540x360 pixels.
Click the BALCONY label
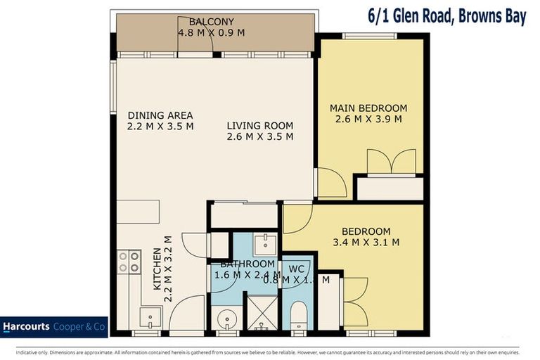point(211,22)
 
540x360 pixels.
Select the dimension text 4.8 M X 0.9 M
point(211,32)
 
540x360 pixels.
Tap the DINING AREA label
point(160,115)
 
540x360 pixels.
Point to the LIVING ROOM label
point(260,126)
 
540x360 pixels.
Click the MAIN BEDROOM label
point(368,108)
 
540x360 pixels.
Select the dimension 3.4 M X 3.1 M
point(366,243)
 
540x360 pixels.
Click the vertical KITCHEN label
point(158,269)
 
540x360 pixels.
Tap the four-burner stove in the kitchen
point(129,262)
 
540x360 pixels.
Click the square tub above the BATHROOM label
point(265,245)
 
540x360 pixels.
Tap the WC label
point(297,269)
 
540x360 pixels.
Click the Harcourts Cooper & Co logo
point(53,327)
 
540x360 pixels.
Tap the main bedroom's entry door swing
point(330,183)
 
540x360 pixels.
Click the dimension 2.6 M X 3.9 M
point(368,119)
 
